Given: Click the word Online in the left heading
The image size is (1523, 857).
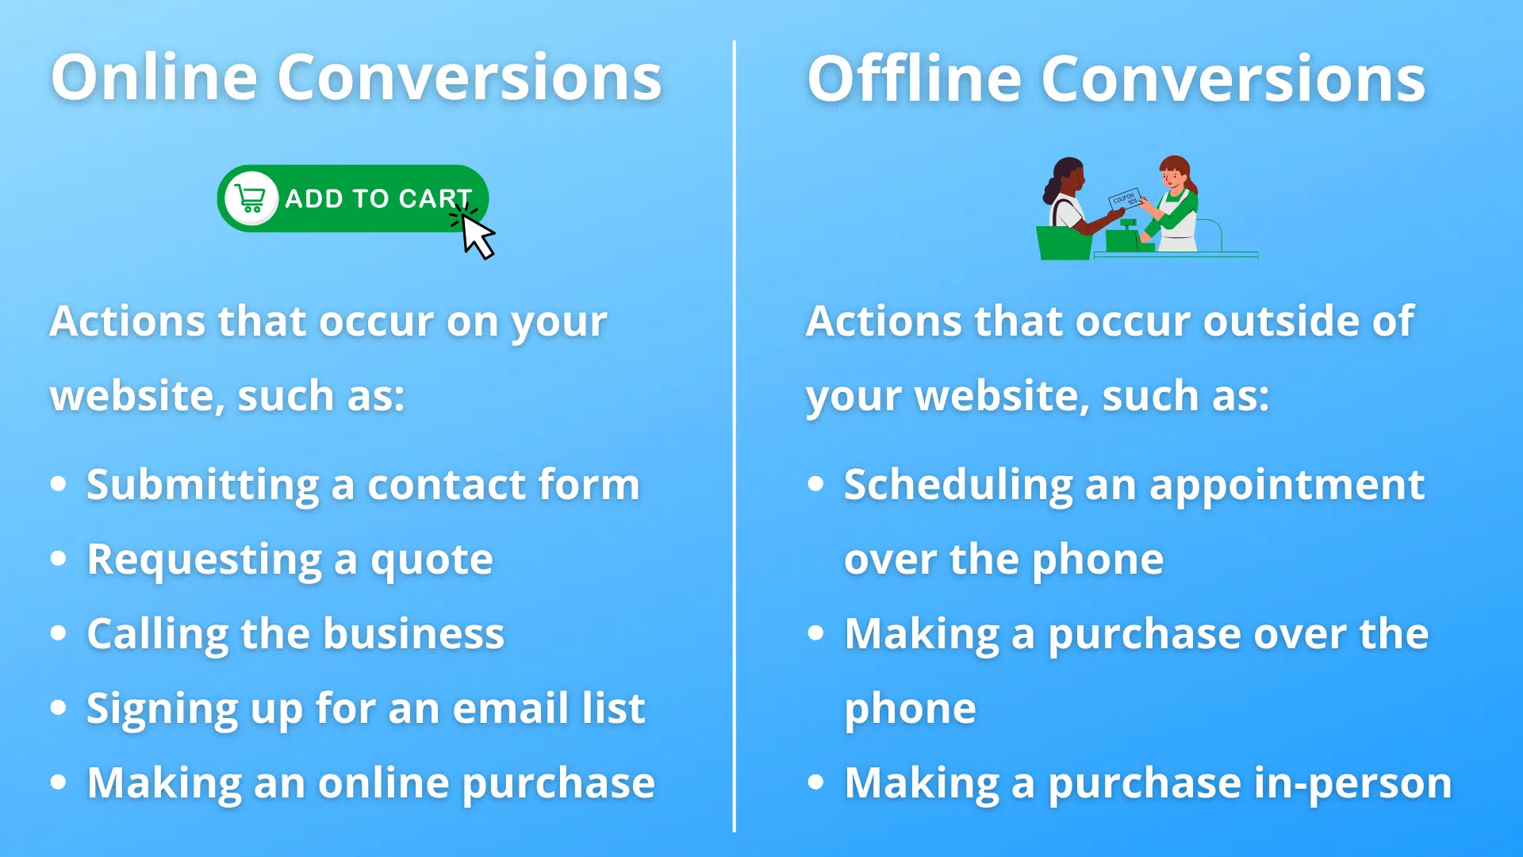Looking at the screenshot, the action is click(155, 77).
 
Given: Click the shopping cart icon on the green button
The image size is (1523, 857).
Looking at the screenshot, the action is click(251, 198).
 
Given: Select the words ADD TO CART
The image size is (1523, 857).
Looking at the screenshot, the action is click(378, 198).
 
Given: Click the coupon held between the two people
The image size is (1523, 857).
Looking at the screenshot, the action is click(1125, 198).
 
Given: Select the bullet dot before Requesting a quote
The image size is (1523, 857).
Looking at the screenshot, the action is click(58, 559).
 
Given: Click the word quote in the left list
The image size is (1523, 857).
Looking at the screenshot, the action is click(432, 560).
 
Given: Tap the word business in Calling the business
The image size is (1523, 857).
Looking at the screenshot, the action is click(413, 634).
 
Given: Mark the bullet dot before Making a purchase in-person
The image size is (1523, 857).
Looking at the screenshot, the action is click(815, 782).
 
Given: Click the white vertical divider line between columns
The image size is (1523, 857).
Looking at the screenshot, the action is click(735, 436).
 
